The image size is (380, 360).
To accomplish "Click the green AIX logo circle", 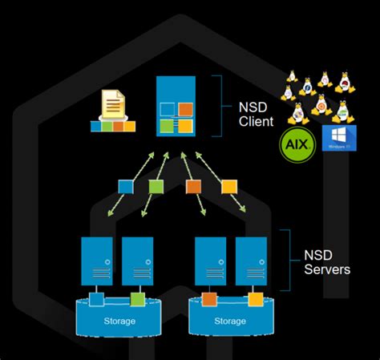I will tap(296, 145).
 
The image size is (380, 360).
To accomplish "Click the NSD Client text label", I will tap(257, 115).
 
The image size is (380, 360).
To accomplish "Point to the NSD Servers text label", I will tap(326, 262).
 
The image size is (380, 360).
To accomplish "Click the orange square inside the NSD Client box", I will tap(184, 110).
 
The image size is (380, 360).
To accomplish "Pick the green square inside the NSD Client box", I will tap(167, 126).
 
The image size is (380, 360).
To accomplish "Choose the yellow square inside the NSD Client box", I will tap(184, 126).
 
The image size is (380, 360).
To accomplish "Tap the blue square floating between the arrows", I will tap(125, 186).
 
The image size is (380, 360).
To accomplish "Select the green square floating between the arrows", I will tap(156, 186).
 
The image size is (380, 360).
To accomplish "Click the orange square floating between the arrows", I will tap(193, 186).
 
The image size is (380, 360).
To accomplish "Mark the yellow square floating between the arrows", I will tap(228, 186).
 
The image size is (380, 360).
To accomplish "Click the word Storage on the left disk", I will tap(119, 322).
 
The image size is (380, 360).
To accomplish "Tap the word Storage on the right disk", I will tap(230, 322).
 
